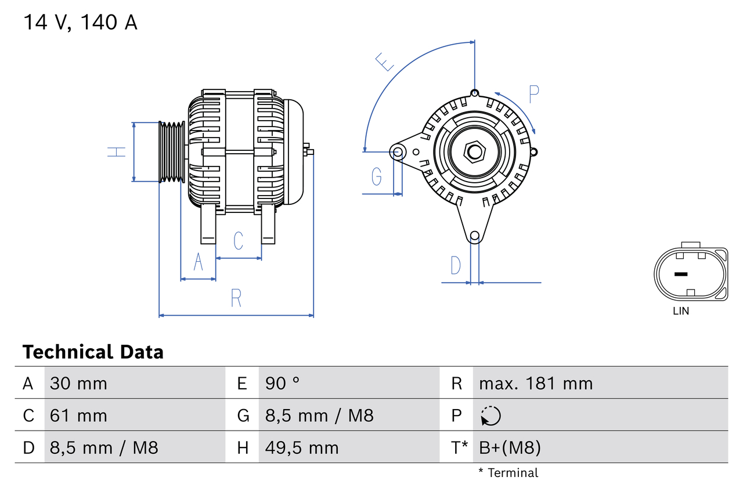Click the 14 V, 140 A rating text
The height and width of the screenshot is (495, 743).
coord(80,23)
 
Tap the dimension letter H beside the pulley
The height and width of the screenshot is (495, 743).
coord(117,152)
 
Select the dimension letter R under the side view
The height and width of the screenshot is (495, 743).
coord(236,298)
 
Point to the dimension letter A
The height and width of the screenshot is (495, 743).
coord(198,262)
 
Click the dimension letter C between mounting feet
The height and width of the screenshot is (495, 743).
coord(238,240)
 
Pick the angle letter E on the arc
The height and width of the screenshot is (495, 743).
coord(385,62)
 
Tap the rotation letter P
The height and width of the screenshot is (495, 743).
coord(534,93)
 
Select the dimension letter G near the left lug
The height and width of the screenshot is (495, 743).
coord(377,175)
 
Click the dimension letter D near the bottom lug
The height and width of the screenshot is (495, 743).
coord(456,265)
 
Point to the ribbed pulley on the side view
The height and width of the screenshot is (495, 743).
coord(172,152)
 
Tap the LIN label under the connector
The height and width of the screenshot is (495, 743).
coord(681,311)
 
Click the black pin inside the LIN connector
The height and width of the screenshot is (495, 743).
coord(681,274)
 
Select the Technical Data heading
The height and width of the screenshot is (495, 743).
coord(93,352)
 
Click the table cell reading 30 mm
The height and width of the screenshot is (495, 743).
coord(78,383)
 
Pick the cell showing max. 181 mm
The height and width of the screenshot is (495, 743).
coord(536,383)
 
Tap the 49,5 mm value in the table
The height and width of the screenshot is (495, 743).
coord(301,447)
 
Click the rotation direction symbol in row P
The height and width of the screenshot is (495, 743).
coord(490,415)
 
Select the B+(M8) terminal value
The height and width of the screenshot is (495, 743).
coord(510,447)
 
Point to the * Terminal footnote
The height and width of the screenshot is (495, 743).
coord(508,473)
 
